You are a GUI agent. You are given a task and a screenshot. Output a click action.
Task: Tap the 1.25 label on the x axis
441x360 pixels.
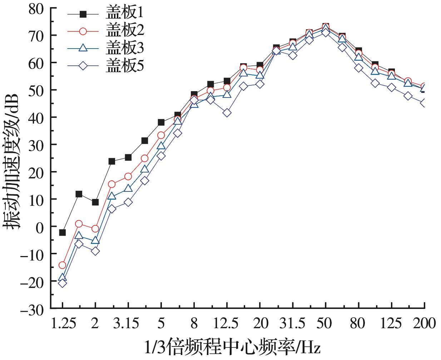pyautogui.click(x=63, y=324)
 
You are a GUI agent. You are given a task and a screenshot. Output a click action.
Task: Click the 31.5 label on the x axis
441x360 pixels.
pyautogui.click(x=292, y=324)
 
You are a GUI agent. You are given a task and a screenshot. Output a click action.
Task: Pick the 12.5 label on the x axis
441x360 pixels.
pyautogui.click(x=227, y=324)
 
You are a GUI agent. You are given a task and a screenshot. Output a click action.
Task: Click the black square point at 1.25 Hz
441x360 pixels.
pyautogui.click(x=63, y=232)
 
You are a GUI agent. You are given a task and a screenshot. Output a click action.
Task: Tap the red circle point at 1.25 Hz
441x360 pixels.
pyautogui.click(x=63, y=265)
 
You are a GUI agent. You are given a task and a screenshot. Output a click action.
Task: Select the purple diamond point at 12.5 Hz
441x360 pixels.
pyautogui.click(x=227, y=113)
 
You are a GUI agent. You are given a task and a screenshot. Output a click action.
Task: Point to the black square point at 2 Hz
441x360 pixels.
pyautogui.click(x=95, y=202)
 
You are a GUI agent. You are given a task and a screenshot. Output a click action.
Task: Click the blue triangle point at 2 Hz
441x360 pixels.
pyautogui.click(x=95, y=240)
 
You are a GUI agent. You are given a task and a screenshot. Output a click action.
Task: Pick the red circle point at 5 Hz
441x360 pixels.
pyautogui.click(x=161, y=135)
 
